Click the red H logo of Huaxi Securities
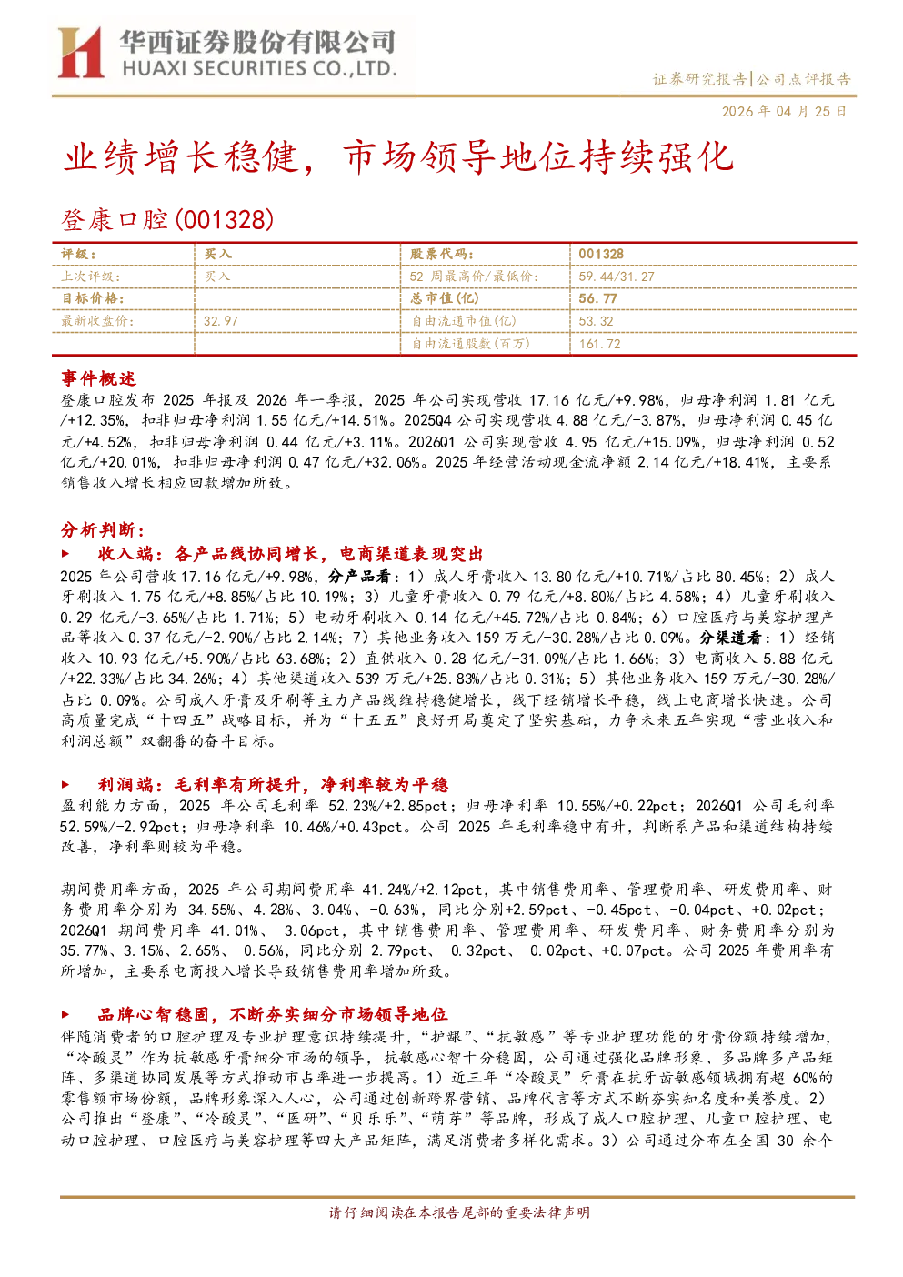tap(80, 52)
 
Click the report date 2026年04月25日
tap(784, 111)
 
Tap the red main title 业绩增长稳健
tap(180, 156)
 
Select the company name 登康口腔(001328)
tap(167, 219)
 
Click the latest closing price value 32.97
tap(221, 321)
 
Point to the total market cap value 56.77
tap(597, 298)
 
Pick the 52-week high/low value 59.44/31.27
tap(617, 277)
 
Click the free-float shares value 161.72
tap(599, 344)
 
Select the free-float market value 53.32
tap(596, 321)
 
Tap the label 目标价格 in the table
tap(93, 298)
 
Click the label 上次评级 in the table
tap(91, 277)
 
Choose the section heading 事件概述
tap(98, 378)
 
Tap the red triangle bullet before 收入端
tap(65, 553)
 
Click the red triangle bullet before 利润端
tap(65, 784)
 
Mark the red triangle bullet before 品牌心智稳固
tap(65, 1014)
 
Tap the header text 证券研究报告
tap(699, 78)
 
